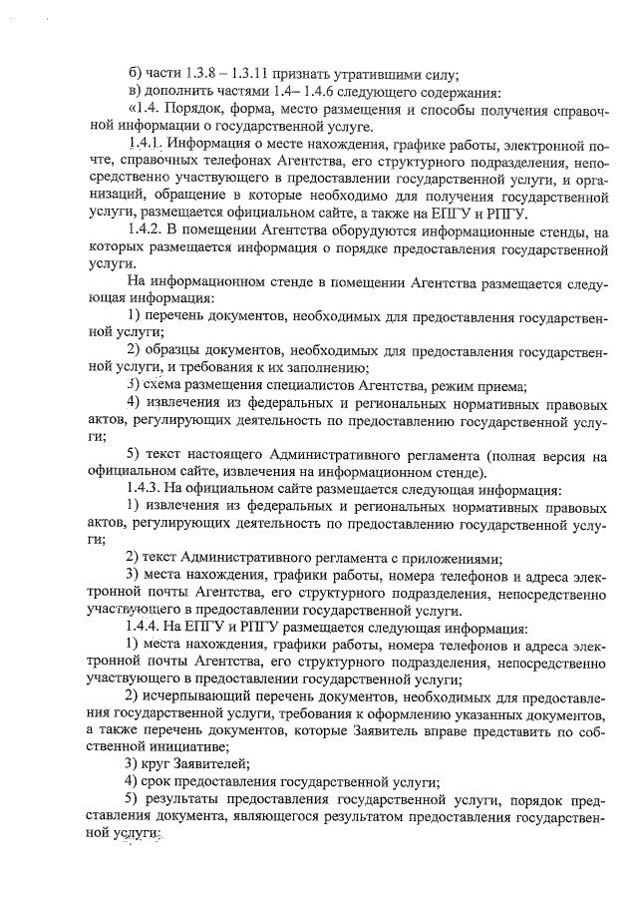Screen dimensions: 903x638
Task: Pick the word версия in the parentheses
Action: click(x=558, y=455)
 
